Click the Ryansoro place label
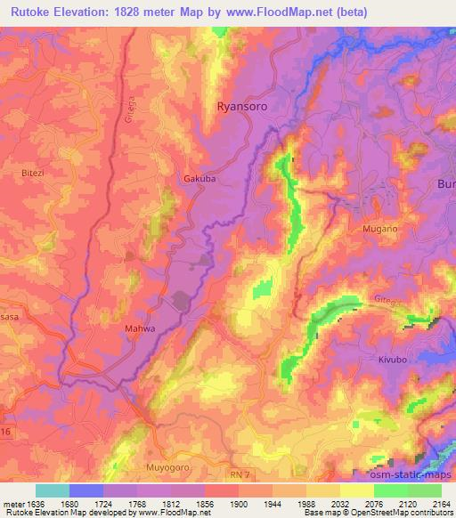point(242,105)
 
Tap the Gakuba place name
point(199,178)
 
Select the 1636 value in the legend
point(36,503)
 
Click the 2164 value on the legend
point(441,503)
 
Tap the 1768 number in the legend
point(115,503)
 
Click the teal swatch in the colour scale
point(53,490)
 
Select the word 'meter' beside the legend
point(12,503)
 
